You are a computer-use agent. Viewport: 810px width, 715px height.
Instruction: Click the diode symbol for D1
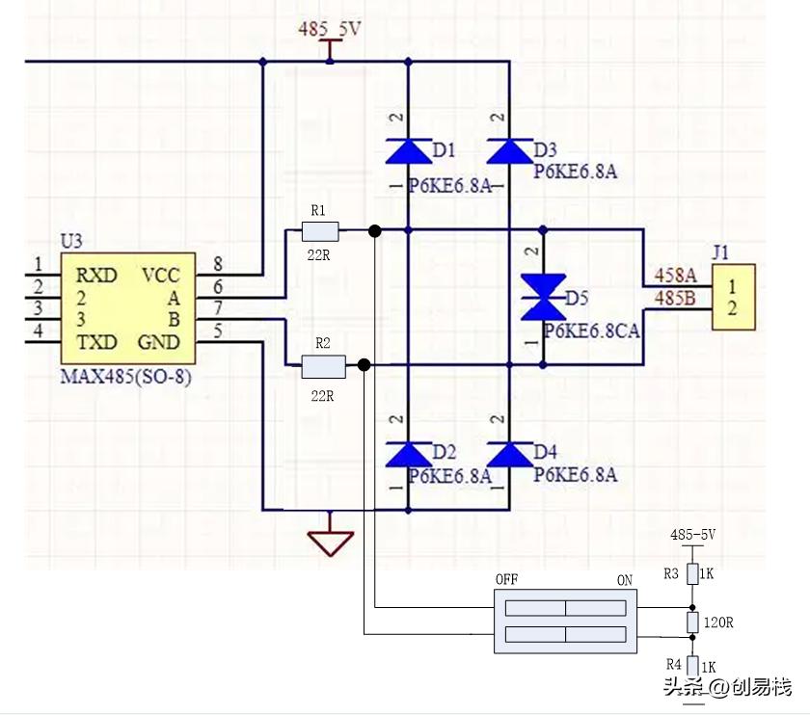(x=408, y=151)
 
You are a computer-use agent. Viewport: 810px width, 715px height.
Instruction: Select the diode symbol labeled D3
(x=509, y=151)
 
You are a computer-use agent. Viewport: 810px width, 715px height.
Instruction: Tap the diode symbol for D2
(x=408, y=454)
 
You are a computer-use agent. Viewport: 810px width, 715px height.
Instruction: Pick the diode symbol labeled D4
(x=509, y=454)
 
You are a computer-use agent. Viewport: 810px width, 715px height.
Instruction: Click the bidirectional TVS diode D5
(x=543, y=297)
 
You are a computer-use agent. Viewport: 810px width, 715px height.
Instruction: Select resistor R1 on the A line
(x=320, y=230)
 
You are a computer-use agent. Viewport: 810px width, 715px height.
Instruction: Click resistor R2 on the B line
(x=323, y=365)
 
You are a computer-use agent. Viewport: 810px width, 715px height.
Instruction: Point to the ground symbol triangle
(x=330, y=542)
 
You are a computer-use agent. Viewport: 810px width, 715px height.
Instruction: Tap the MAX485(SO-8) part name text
(x=125, y=378)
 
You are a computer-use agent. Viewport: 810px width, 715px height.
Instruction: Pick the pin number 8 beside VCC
(x=218, y=264)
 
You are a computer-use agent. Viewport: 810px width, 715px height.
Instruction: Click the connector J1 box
(x=732, y=298)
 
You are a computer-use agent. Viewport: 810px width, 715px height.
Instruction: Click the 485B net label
(x=676, y=298)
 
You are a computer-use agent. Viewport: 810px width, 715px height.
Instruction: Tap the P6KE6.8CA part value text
(x=591, y=331)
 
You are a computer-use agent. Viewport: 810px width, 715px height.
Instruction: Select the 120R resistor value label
(x=718, y=622)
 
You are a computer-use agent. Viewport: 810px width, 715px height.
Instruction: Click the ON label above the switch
(x=624, y=579)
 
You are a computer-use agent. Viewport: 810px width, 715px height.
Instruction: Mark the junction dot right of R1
(x=375, y=230)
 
